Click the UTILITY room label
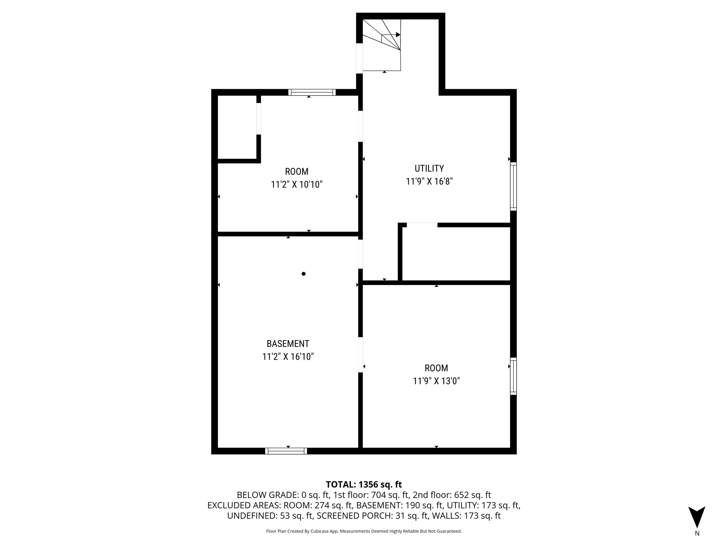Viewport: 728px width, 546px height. (429, 168)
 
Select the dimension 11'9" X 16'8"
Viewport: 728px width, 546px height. (429, 181)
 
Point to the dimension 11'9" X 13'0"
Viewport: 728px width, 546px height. (436, 381)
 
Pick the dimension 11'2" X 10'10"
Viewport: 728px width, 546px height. (297, 184)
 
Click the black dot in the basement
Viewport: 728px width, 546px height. (303, 274)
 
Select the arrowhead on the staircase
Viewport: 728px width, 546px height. (398, 34)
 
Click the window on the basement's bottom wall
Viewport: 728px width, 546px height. (286, 451)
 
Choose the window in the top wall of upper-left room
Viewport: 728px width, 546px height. (312, 92)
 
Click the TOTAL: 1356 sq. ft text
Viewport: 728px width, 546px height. (364, 484)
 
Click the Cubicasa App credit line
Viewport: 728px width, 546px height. (364, 531)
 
